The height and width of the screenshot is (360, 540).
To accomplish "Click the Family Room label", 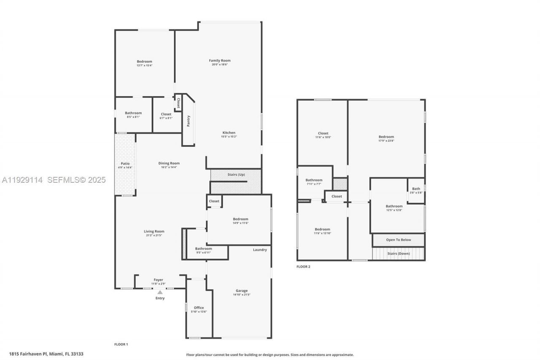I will [x=220, y=61].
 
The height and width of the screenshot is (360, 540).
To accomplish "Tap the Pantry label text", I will [x=189, y=121].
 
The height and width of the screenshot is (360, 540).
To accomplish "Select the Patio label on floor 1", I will [x=125, y=163].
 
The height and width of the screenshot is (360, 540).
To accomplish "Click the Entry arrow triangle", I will [x=160, y=292].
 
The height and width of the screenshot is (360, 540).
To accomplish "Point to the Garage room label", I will [x=242, y=291].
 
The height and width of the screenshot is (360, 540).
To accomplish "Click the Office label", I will [x=199, y=308].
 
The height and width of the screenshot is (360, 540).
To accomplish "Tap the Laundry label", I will [x=260, y=250].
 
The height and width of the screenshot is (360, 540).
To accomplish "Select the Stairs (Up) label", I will [x=236, y=175].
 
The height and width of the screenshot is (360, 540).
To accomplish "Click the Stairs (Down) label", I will [x=398, y=254].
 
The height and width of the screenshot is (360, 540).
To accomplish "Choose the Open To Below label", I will [x=398, y=240].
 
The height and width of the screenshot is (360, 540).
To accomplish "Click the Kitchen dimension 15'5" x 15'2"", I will [x=229, y=137].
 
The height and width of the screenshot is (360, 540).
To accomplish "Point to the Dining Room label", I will [x=169, y=163].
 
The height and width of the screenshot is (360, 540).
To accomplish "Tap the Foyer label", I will [x=158, y=280].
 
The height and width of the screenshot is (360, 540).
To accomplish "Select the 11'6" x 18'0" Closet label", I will [x=323, y=133].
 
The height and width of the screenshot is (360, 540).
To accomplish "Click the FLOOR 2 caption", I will [x=303, y=267].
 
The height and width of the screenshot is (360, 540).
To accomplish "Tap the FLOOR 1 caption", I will [x=121, y=344].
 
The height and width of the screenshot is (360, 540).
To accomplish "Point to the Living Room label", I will [x=154, y=231].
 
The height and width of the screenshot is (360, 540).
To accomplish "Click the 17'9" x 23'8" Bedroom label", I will [x=386, y=137].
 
